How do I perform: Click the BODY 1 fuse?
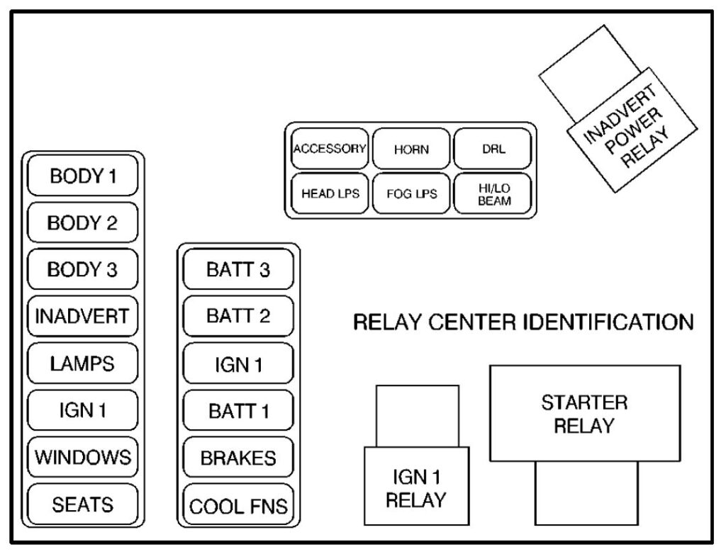point(82,176)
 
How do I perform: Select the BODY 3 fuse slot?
point(82,269)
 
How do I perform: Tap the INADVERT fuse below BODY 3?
point(82,316)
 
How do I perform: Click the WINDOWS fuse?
point(82,456)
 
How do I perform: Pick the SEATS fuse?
point(82,504)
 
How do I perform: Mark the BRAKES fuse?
point(238,458)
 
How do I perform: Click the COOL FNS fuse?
point(238,505)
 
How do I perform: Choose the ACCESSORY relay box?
point(330,149)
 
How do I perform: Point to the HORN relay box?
point(411,149)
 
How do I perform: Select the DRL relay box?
point(492,149)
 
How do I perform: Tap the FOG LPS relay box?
point(411,193)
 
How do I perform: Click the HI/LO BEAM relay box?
point(492,193)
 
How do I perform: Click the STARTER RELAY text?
point(584,414)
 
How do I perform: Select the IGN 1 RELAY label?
point(416,488)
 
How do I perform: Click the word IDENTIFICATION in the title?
point(608,322)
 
